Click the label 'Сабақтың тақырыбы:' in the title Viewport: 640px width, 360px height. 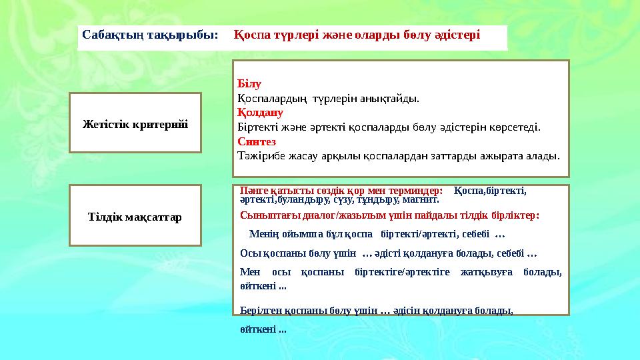point(150,34)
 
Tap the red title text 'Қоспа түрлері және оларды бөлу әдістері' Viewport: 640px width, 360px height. point(357,34)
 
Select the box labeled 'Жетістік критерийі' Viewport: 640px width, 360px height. point(135,124)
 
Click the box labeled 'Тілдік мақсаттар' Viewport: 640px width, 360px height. point(135,217)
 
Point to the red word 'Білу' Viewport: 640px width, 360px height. point(249,85)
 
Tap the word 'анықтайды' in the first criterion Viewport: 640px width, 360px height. point(394,99)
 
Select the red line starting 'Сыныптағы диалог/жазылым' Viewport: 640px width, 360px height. point(389,215)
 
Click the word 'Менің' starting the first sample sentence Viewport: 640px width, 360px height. point(262,234)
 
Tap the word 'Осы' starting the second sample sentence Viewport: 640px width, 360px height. point(248,253)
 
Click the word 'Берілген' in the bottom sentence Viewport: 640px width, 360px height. point(258,311)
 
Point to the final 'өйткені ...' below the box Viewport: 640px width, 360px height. point(263,329)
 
